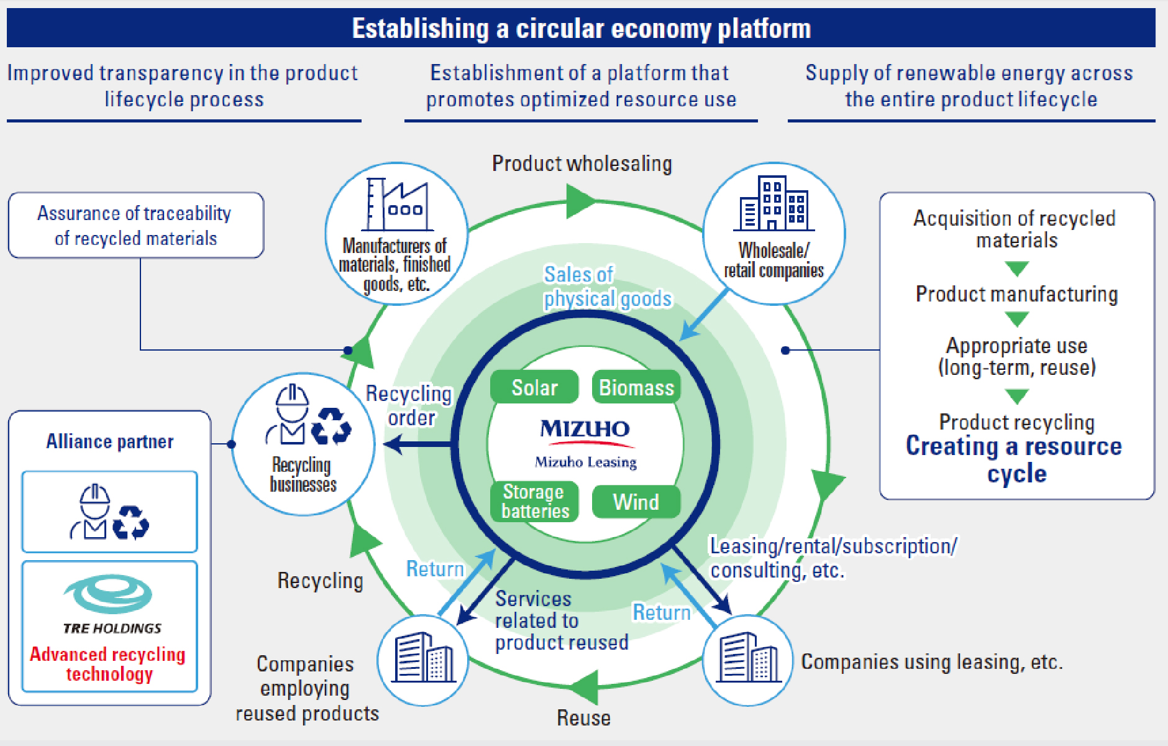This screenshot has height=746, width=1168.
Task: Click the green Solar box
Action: [534, 387]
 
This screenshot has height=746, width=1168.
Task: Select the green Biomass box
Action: [636, 387]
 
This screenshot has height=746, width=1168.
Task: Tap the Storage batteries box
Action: [534, 501]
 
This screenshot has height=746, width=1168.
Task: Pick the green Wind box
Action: [636, 501]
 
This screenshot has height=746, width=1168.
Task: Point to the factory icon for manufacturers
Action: [398, 205]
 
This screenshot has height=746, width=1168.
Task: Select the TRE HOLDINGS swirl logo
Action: [109, 594]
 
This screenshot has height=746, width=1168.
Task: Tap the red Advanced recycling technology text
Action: [108, 663]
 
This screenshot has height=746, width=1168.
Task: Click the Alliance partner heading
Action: [110, 441]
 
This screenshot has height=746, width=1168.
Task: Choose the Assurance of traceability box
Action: [135, 225]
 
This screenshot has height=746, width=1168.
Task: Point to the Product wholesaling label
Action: [582, 163]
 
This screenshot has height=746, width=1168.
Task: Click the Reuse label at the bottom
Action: [583, 718]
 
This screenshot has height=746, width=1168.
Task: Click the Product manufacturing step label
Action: [1016, 294]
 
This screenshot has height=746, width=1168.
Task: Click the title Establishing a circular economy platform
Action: [581, 28]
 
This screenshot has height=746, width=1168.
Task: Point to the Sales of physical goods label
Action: [607, 287]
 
